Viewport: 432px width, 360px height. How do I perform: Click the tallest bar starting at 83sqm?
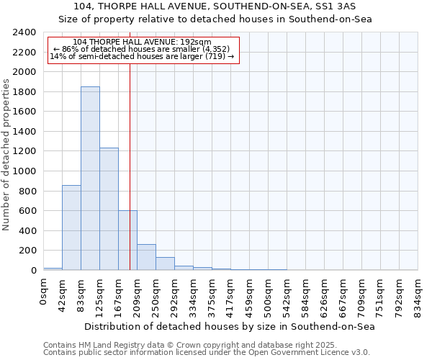(x=90, y=179)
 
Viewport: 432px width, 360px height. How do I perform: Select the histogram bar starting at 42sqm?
(x=71, y=228)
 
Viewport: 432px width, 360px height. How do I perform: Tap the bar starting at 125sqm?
(x=109, y=209)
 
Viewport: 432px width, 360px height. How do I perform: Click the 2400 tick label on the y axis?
(x=24, y=32)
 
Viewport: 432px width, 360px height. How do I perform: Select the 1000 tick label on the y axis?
(x=24, y=171)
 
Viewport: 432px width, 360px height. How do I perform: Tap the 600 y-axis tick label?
(x=27, y=211)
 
